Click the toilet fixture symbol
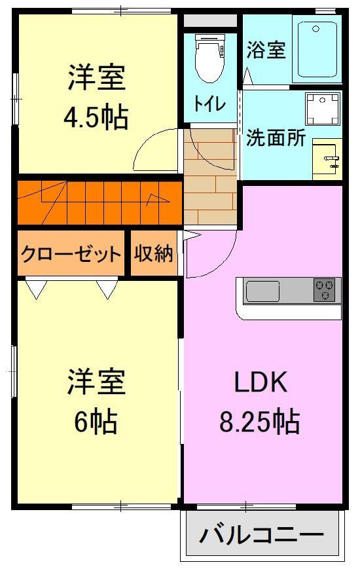209,60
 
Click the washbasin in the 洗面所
327,158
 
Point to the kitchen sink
262,291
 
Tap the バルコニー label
262,535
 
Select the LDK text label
261,382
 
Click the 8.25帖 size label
259,422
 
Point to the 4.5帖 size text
96,119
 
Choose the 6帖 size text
96,422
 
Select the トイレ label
209,104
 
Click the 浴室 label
267,50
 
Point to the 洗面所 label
276,138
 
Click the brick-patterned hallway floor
209,190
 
